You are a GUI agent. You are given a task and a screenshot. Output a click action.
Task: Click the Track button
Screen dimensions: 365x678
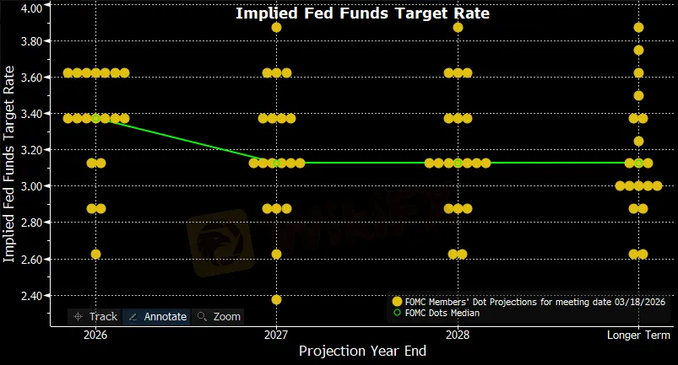pyautogui.click(x=95, y=316)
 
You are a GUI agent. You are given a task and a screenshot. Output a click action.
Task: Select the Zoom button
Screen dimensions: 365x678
pyautogui.click(x=219, y=316)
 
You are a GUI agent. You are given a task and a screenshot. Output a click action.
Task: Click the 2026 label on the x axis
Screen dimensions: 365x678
pyautogui.click(x=95, y=335)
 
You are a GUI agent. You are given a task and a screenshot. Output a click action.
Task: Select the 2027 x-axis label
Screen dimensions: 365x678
pyautogui.click(x=276, y=335)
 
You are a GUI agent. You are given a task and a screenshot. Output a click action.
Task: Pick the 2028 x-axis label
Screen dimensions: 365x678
pyautogui.click(x=457, y=335)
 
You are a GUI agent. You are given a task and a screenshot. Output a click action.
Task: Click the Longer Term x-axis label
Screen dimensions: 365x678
pyautogui.click(x=637, y=335)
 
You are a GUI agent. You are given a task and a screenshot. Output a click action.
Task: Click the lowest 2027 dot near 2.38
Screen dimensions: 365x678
pyautogui.click(x=276, y=299)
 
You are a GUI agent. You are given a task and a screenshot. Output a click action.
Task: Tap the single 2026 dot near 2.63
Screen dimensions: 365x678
pyautogui.click(x=95, y=254)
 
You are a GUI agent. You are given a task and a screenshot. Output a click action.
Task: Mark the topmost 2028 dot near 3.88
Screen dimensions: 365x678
pyautogui.click(x=458, y=27)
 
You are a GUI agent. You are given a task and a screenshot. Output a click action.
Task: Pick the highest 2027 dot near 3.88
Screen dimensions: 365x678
pyautogui.click(x=276, y=27)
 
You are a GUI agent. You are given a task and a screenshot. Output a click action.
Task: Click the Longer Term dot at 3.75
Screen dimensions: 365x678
pyautogui.click(x=638, y=50)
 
